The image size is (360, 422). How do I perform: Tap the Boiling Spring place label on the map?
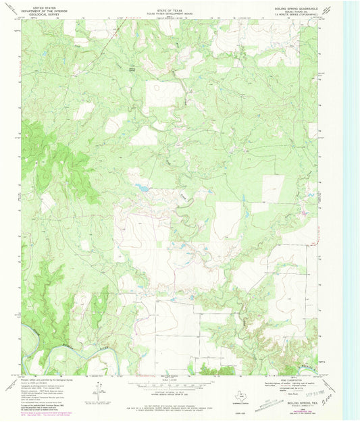pos(132,68)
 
